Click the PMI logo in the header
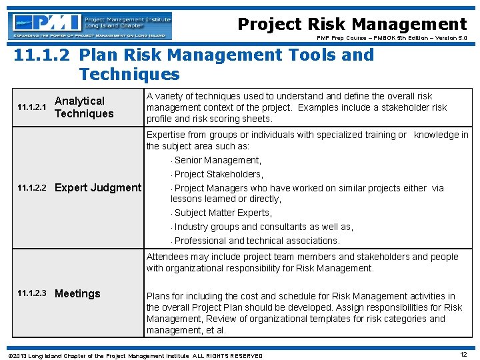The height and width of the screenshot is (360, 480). click(x=91, y=25)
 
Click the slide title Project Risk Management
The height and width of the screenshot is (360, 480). click(x=352, y=25)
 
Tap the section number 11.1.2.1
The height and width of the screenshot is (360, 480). click(x=31, y=107)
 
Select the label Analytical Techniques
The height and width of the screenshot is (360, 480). click(x=84, y=107)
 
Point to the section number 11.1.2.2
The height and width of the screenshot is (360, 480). click(x=31, y=188)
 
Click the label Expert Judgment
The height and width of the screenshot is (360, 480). click(x=98, y=187)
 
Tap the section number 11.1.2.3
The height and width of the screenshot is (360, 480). click(x=31, y=294)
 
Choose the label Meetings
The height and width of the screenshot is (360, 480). click(x=77, y=293)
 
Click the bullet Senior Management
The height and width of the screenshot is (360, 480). click(x=217, y=160)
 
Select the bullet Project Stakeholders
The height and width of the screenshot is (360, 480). click(x=219, y=174)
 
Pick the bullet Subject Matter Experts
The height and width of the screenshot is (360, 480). click(x=223, y=213)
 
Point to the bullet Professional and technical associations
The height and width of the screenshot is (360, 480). click(x=257, y=241)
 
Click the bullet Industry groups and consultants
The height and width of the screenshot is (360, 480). click(x=263, y=227)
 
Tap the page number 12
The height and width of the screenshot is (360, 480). click(x=463, y=354)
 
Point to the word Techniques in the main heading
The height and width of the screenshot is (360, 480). click(x=129, y=74)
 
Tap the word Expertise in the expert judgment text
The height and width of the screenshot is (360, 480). click(x=167, y=135)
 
